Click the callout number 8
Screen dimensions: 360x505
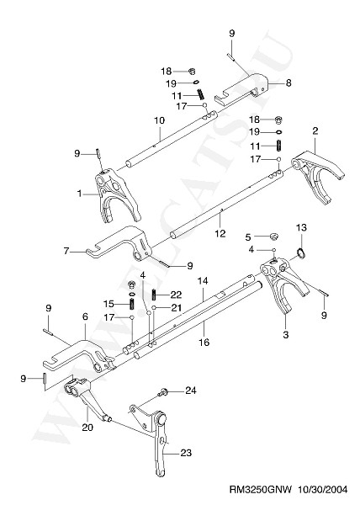click(x=289, y=82)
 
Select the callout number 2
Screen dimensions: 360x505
click(x=315, y=130)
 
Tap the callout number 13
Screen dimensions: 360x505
click(x=301, y=228)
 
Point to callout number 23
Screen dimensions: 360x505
click(x=186, y=453)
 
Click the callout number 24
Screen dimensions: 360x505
click(x=190, y=391)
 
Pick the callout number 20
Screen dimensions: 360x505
click(x=87, y=427)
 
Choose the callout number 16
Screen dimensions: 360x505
click(x=204, y=342)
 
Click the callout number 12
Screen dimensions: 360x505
click(x=220, y=233)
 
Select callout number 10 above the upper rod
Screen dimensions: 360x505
click(x=159, y=120)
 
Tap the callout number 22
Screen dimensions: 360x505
click(x=177, y=295)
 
